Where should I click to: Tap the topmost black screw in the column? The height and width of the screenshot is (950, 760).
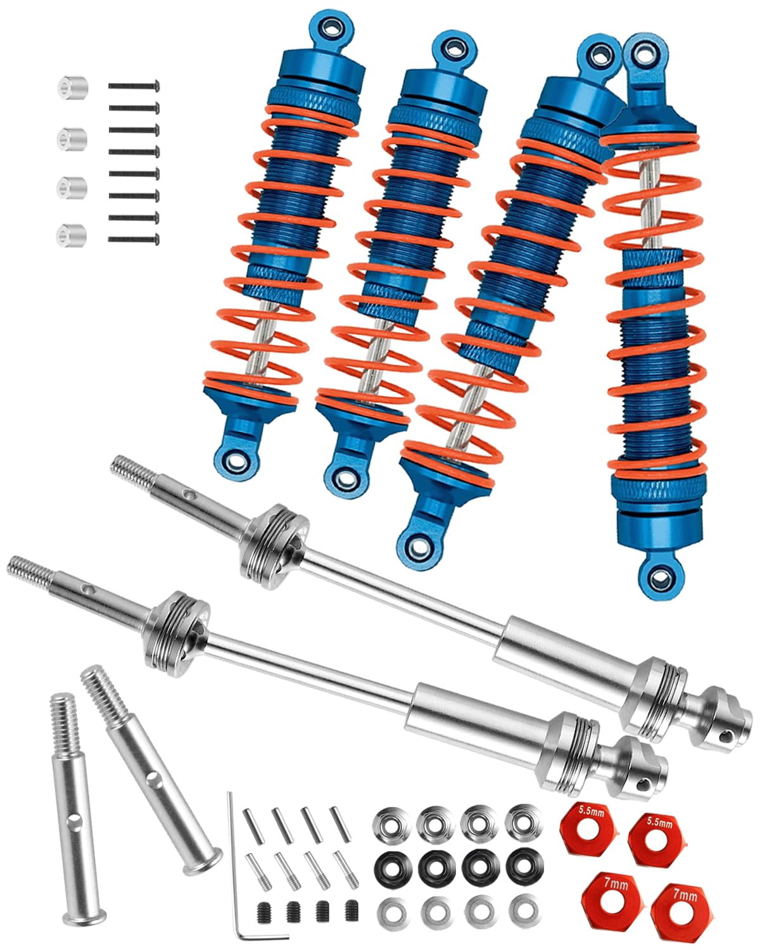(x=134, y=85)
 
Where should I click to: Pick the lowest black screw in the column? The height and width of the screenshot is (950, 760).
(x=134, y=239)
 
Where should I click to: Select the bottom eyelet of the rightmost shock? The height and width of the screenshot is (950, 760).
(x=661, y=576)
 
